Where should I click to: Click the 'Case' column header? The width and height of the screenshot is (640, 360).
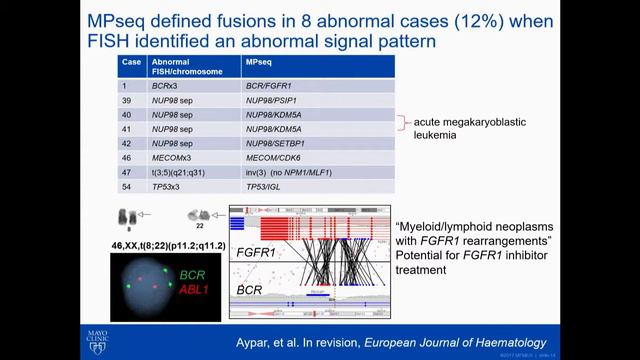click(x=131, y=61)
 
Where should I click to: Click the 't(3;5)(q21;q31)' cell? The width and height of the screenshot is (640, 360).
click(x=180, y=172)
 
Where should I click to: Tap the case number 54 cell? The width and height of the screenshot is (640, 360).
click(x=128, y=187)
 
